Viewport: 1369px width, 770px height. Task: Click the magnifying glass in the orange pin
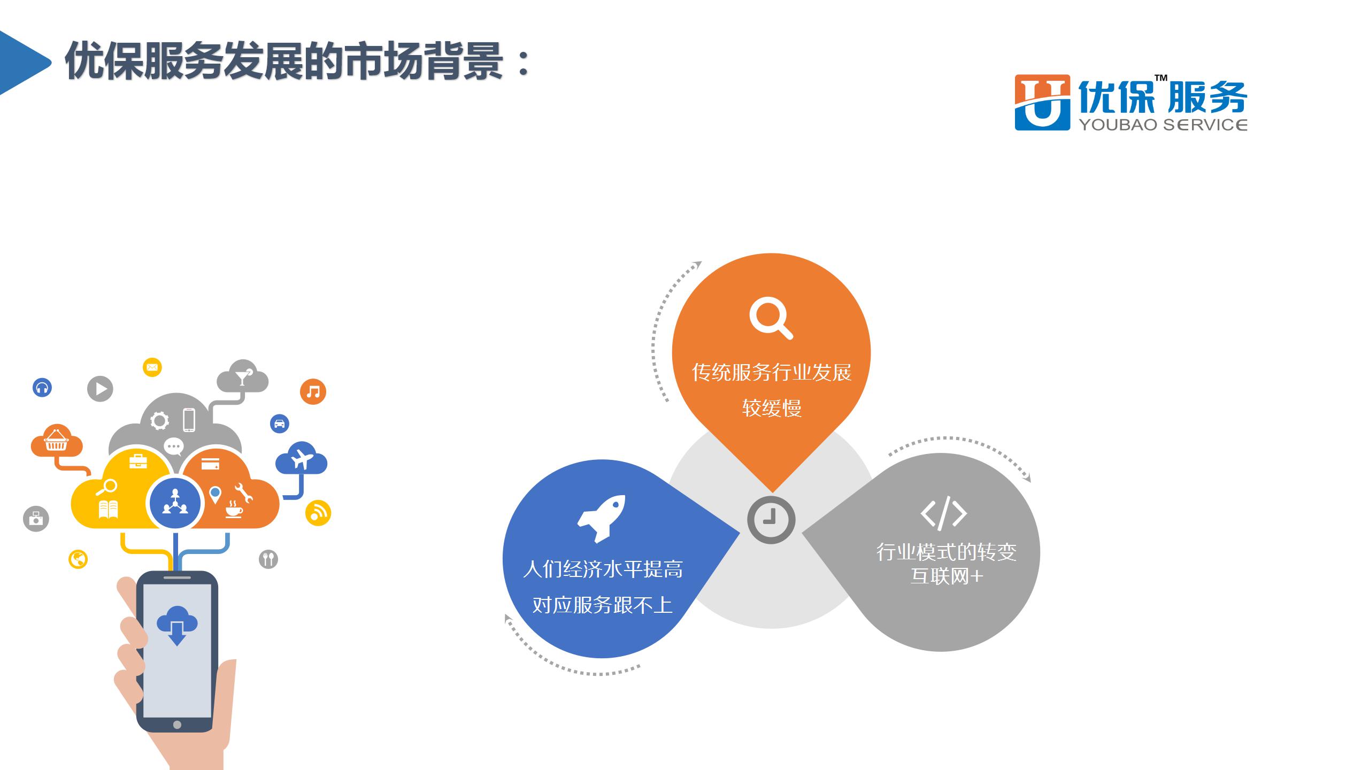(x=771, y=319)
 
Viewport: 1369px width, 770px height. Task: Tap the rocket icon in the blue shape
(x=601, y=518)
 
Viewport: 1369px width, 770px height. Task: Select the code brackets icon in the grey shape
(x=943, y=513)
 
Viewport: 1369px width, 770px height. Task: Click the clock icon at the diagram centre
(x=771, y=520)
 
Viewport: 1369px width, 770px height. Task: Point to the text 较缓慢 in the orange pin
(x=772, y=409)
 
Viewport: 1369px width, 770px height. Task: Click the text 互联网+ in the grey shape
(x=947, y=576)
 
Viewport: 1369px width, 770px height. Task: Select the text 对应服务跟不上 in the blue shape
(x=602, y=605)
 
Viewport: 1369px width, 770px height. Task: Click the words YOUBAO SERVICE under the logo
(x=1163, y=125)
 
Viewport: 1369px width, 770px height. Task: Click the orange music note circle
(x=313, y=391)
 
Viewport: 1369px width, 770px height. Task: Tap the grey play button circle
(x=100, y=389)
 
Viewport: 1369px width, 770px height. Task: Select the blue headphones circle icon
(x=42, y=387)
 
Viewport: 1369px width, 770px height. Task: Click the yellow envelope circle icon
(x=152, y=367)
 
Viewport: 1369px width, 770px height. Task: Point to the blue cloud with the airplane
(x=301, y=459)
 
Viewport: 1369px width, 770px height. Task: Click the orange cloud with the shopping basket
(x=56, y=441)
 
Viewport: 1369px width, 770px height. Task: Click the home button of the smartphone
(x=177, y=725)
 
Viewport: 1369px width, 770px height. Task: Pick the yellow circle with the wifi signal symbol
(x=318, y=513)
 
